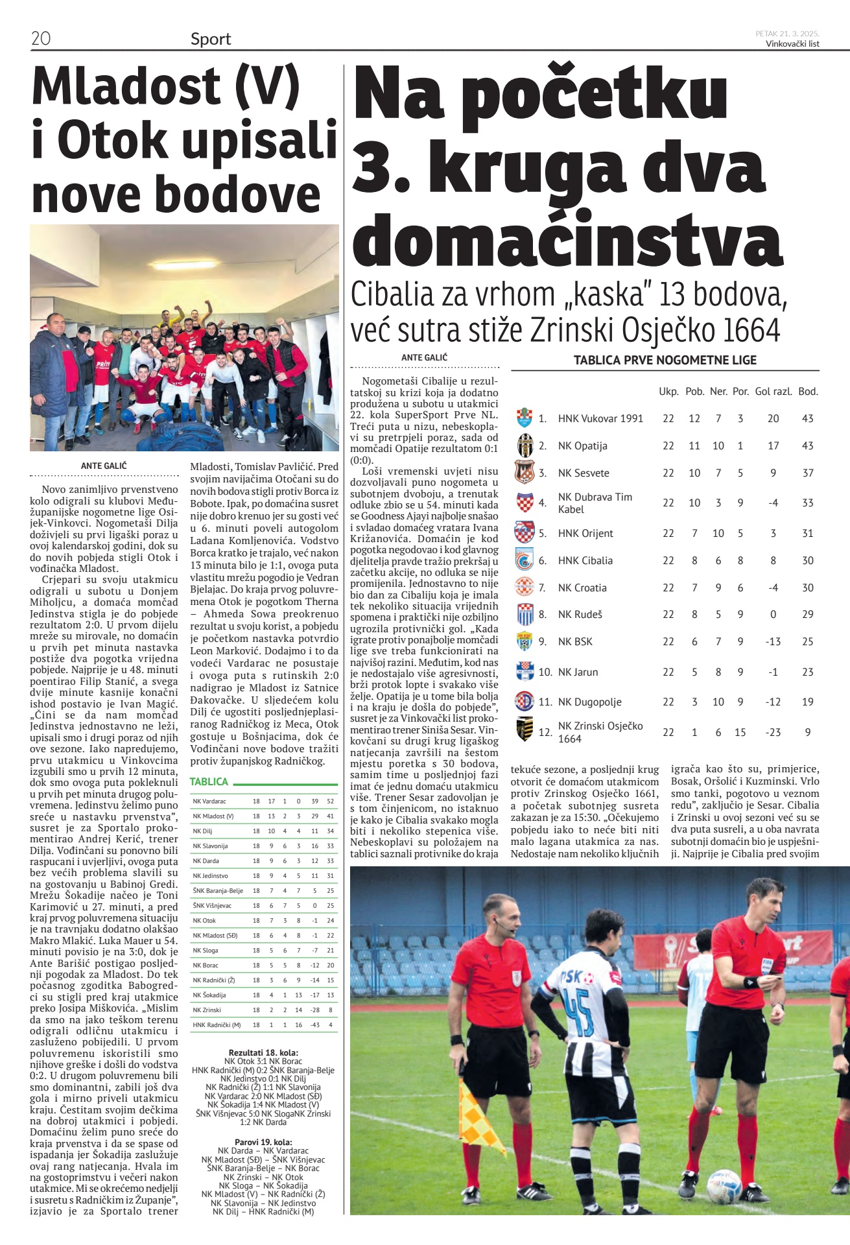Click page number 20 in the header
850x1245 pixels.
[x=40, y=38]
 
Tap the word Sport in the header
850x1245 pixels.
[x=211, y=39]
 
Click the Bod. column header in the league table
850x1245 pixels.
[x=808, y=391]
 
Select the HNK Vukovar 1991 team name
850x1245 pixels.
[x=600, y=418]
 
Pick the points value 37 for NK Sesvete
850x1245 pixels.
[x=808, y=473]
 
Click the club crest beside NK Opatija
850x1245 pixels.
[x=525, y=445]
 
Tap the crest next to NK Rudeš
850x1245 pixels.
[x=525, y=614]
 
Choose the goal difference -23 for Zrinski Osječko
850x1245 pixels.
[x=773, y=732]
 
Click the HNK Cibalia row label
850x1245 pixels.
[x=585, y=560]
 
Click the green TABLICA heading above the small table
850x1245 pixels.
[x=209, y=781]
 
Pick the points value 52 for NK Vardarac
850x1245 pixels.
[x=331, y=801]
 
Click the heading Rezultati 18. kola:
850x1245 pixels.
[x=263, y=1052]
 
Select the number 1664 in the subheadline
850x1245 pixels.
[x=751, y=330]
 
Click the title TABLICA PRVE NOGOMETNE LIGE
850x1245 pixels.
[x=665, y=360]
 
